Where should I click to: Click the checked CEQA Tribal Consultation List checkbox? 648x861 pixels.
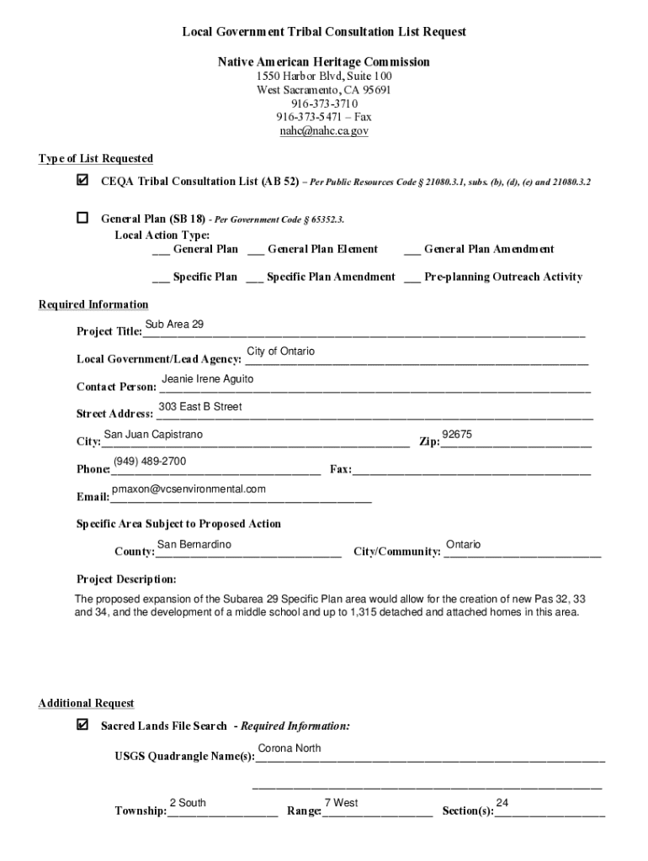coord(82,180)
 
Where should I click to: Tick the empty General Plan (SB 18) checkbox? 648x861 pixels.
coord(82,218)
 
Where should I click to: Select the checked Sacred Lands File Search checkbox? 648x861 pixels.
coord(82,724)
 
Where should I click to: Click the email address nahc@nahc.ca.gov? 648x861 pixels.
coord(324,131)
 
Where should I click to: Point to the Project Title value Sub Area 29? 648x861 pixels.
coord(174,325)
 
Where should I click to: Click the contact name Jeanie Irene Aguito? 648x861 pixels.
coord(207,379)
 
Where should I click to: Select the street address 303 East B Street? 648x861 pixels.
coord(200,407)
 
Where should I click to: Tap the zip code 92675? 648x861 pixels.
coord(457,435)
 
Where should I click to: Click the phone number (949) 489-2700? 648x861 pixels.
coord(150,462)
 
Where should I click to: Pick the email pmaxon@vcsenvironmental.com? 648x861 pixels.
coord(189,489)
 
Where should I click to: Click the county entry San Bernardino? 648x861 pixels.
coord(194,545)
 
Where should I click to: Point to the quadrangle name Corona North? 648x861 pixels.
coord(289,748)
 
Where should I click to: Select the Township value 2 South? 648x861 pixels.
coord(188,803)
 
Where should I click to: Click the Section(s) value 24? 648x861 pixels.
coord(502,803)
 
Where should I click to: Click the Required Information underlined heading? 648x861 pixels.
coord(93,304)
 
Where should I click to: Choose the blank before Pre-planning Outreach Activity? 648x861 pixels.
coord(412,277)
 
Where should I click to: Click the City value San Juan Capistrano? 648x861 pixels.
coord(153,435)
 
